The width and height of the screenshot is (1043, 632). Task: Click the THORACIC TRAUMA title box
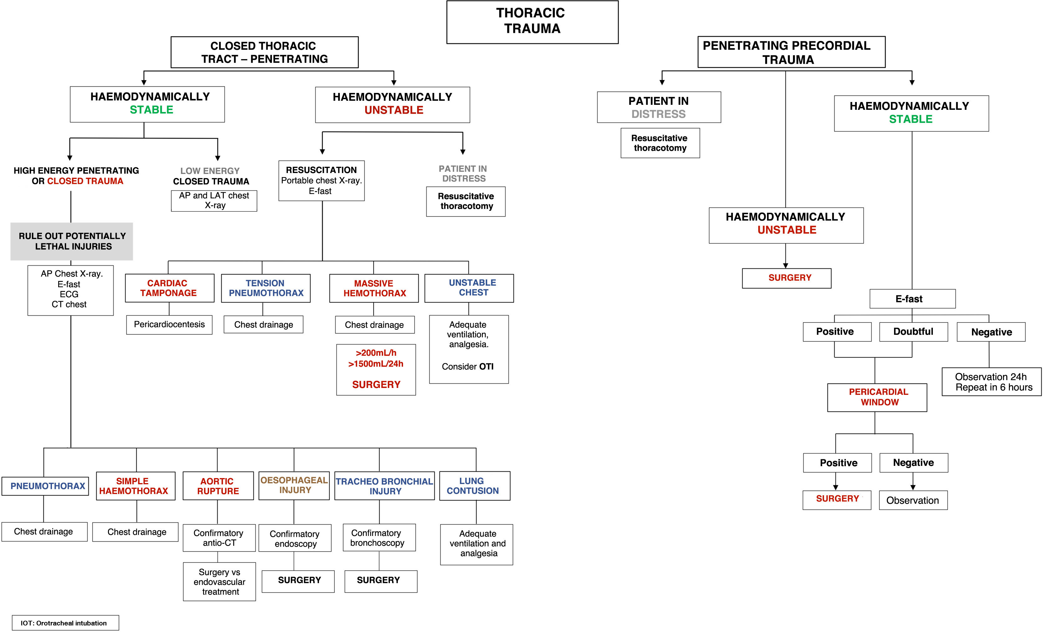tap(532, 22)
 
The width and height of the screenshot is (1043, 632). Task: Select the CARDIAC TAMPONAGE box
tap(169, 288)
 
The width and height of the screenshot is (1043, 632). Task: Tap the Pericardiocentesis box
tap(169, 325)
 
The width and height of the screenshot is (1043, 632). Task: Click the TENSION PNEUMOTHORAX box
tap(266, 288)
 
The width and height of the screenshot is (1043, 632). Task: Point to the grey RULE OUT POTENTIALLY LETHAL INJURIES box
tap(72, 241)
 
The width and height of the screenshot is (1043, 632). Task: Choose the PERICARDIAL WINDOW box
tap(877, 397)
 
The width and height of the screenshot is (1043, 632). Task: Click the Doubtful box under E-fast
tap(913, 331)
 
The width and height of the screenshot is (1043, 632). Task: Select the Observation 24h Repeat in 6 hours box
tap(991, 382)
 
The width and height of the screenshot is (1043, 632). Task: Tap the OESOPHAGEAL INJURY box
tap(294, 485)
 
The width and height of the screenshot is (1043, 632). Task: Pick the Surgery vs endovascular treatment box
tap(219, 582)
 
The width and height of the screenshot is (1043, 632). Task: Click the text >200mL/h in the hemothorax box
tap(376, 353)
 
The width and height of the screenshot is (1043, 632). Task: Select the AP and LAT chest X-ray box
tap(214, 201)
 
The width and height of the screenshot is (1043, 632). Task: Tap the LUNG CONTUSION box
tap(474, 486)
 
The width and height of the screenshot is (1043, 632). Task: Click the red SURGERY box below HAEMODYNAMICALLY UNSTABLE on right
tap(786, 278)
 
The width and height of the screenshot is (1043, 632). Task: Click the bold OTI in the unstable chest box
tap(486, 367)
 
